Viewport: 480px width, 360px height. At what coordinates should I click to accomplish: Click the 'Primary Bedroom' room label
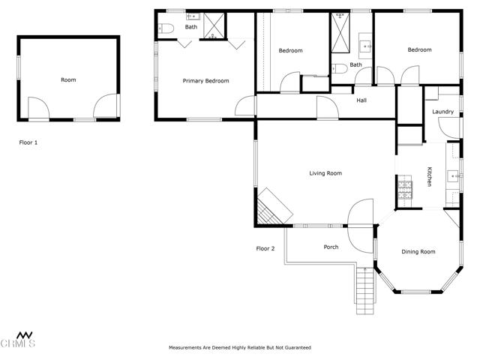point(205,80)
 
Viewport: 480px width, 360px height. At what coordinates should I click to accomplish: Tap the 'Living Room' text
point(325,173)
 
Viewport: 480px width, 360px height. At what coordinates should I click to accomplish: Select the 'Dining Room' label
point(418,252)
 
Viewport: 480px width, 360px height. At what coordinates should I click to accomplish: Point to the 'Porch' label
point(331,247)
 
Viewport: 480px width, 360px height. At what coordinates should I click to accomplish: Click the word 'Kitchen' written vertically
point(430,176)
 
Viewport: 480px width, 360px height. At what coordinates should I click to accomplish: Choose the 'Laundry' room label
point(442,112)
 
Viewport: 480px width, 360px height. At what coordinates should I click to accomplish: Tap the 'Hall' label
point(361,100)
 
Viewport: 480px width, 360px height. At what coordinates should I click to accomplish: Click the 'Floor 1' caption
point(28,142)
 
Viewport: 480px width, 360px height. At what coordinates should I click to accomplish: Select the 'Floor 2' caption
point(265,248)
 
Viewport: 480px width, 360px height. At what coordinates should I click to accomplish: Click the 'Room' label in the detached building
point(68,79)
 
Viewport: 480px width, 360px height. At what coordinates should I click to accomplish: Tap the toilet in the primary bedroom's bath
point(166,28)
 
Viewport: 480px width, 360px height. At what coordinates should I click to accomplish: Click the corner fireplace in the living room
point(270,208)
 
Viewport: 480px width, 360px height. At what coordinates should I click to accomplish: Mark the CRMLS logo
point(18,339)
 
